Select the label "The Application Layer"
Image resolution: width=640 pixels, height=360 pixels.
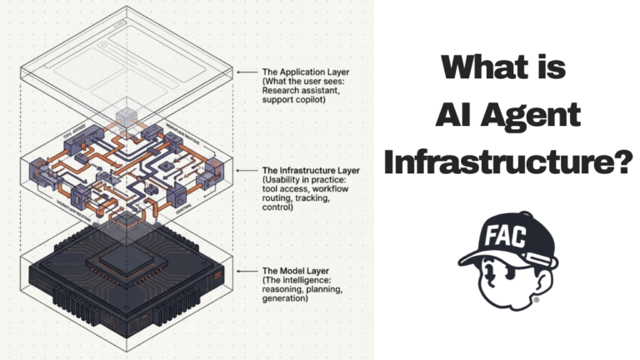pos(303,72)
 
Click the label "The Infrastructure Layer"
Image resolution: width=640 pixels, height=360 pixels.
pos(307,169)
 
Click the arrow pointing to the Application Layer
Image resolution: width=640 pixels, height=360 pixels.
pos(247,72)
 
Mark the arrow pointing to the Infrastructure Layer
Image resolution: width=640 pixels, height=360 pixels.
pos(247,169)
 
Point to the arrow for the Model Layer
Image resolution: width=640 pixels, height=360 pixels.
pos(247,271)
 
